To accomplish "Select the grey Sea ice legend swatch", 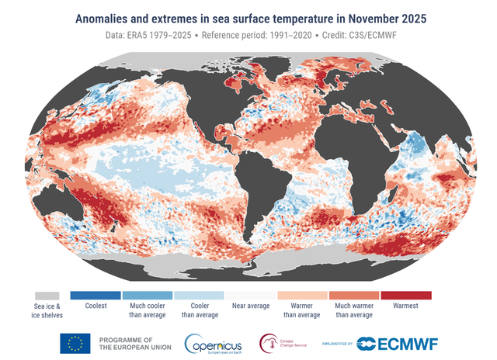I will click(47, 296).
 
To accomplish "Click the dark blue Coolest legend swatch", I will click(95, 296).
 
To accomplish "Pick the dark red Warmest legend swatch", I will click(407, 296).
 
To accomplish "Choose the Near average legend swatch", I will click(250, 296).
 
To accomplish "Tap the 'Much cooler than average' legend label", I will click(147, 310).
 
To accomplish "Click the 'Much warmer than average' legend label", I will click(355, 310).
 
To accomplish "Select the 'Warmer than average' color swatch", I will click(303, 296).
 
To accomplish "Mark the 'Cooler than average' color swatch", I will click(199, 296).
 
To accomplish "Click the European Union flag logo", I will click(75, 343).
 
